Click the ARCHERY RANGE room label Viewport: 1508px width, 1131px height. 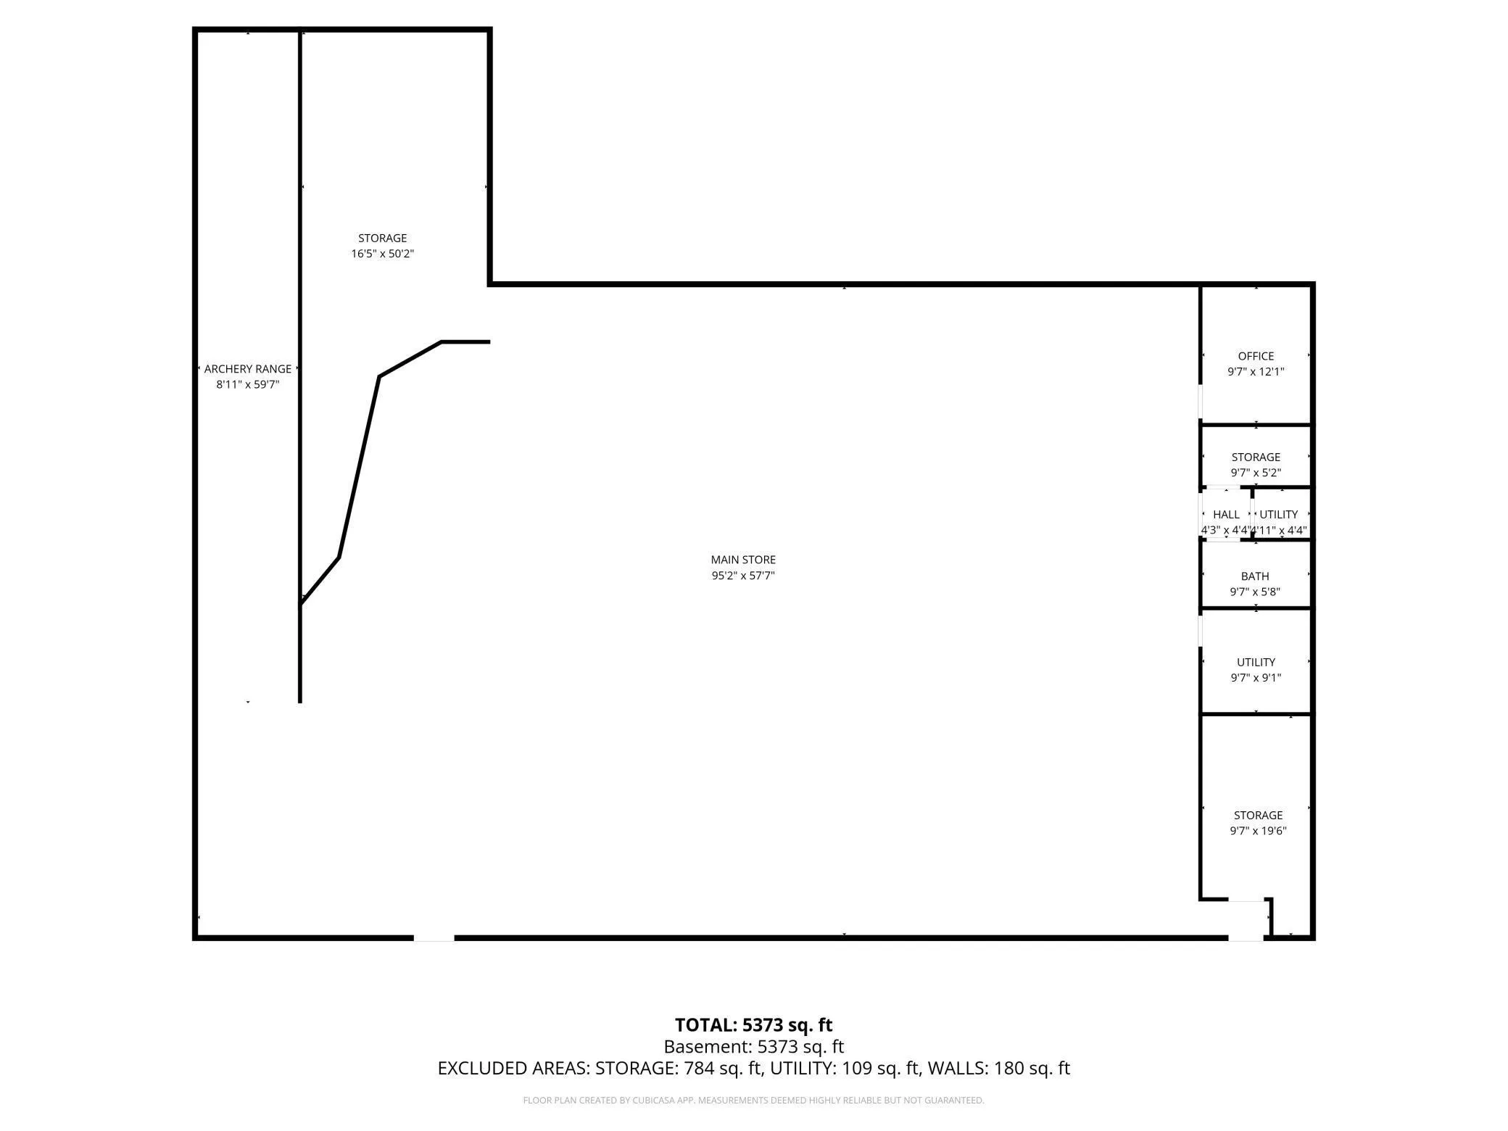(248, 369)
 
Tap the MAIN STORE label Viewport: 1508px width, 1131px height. (743, 560)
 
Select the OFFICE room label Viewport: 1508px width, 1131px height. (1256, 356)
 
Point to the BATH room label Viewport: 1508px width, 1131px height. (1255, 576)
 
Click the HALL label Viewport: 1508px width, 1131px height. (1226, 514)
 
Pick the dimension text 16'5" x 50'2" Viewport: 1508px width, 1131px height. (383, 254)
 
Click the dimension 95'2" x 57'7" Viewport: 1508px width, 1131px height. (743, 576)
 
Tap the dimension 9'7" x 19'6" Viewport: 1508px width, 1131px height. (1258, 831)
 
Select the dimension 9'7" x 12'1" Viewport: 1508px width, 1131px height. (1256, 372)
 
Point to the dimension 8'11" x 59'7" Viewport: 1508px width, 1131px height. (248, 384)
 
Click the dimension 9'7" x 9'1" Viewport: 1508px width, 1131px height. (1256, 678)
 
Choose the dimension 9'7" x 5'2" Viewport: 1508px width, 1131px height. (1256, 473)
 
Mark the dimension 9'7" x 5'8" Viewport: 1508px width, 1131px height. (1255, 592)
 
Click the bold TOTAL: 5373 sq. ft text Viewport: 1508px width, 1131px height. (753, 1025)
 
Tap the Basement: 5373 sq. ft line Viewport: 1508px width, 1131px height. (754, 1047)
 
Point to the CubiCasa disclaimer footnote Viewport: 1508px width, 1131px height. (753, 1101)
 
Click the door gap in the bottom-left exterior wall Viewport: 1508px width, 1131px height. (434, 938)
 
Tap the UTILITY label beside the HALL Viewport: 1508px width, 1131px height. (1278, 514)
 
